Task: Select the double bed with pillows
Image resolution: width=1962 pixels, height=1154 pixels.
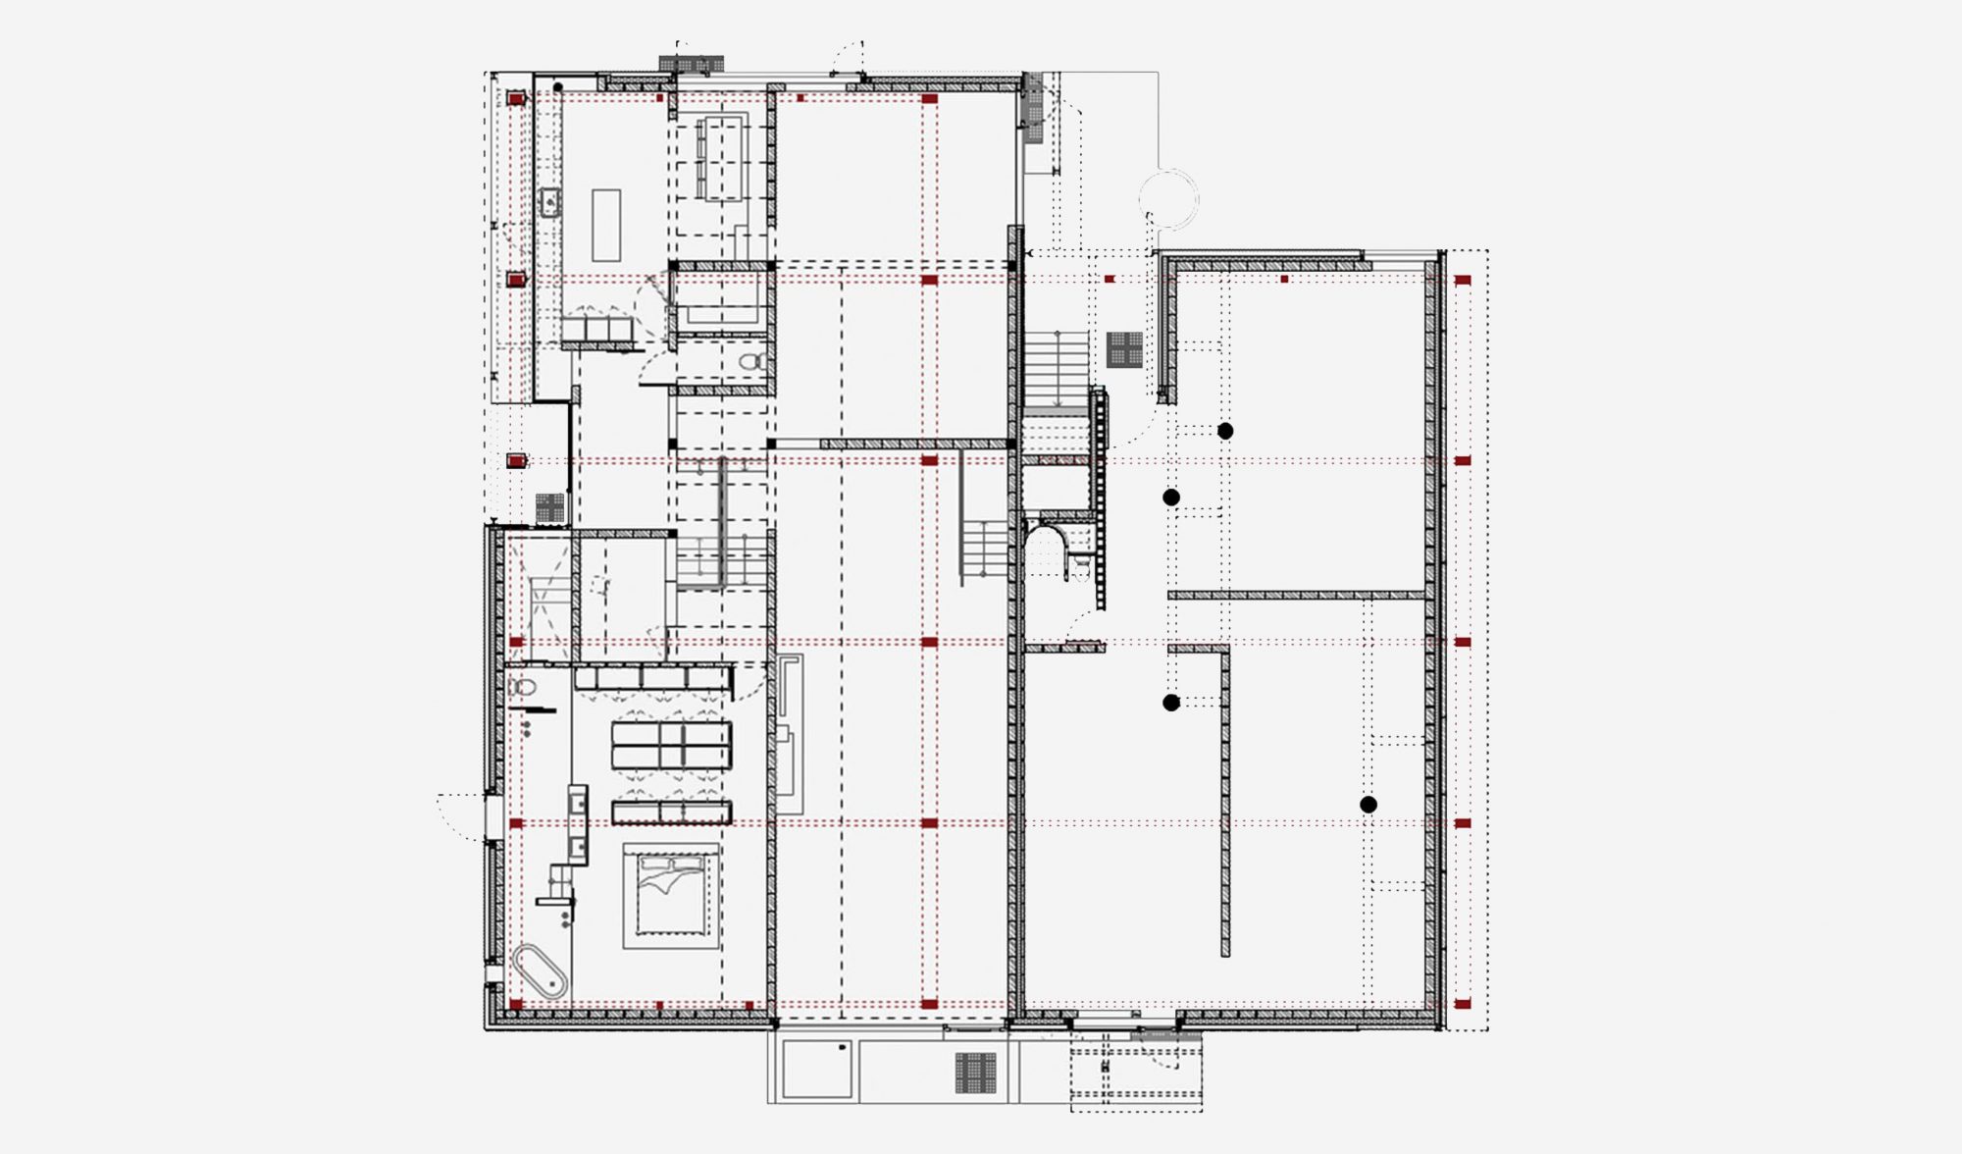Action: click(x=671, y=896)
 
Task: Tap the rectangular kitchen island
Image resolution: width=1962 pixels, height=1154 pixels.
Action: click(x=606, y=225)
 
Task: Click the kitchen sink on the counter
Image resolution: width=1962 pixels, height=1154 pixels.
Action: click(x=550, y=203)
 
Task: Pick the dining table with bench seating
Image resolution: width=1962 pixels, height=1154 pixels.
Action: click(x=723, y=157)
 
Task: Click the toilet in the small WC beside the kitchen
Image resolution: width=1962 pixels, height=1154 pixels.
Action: click(x=753, y=362)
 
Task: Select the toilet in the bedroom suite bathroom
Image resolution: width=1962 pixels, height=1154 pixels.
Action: click(x=523, y=686)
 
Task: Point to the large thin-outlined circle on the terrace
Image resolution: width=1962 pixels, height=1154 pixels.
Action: click(x=1169, y=199)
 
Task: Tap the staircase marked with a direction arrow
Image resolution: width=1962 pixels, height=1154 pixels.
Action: click(x=1057, y=369)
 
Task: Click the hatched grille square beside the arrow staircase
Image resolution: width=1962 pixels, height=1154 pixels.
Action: click(x=1124, y=349)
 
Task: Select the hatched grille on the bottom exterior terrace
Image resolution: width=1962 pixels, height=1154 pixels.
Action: click(x=975, y=1073)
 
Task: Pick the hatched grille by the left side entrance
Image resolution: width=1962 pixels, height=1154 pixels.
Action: click(x=550, y=507)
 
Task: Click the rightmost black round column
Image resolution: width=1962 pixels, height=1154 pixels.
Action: click(x=1368, y=805)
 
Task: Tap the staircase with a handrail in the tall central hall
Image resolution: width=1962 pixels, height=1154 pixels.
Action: click(x=983, y=554)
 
